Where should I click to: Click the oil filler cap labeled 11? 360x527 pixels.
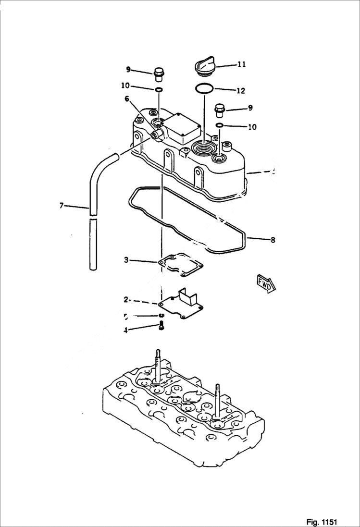click(204, 66)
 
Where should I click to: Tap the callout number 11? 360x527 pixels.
click(241, 64)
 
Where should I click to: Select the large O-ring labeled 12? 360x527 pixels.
click(204, 88)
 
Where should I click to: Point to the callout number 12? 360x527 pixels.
click(241, 90)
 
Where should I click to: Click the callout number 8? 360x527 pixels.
click(273, 240)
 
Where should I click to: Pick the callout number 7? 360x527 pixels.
click(61, 206)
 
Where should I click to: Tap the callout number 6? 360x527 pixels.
click(127, 98)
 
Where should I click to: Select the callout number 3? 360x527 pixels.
click(126, 260)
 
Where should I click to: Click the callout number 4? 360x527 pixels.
click(126, 330)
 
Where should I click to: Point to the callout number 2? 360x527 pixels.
click(126, 299)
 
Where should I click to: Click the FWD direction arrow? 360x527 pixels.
click(266, 284)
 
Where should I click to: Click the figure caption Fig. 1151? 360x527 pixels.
click(322, 522)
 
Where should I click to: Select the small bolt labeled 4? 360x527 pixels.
click(162, 326)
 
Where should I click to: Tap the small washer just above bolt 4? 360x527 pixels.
click(162, 315)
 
